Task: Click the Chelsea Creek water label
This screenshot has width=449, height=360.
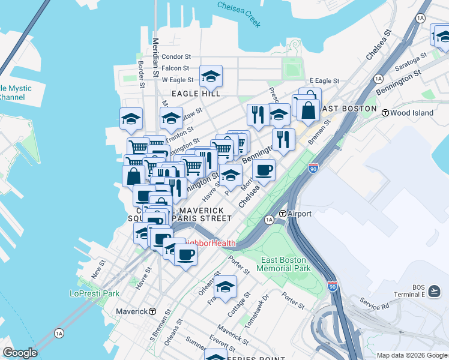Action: pyautogui.click(x=240, y=13)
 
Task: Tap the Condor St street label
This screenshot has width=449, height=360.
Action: pyautogui.click(x=176, y=56)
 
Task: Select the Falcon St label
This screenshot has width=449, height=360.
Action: pyautogui.click(x=176, y=68)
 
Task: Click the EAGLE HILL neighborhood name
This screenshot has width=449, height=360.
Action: pyautogui.click(x=196, y=94)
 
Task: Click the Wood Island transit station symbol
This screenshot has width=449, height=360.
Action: pyautogui.click(x=394, y=113)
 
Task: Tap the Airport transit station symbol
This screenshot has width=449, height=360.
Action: pyautogui.click(x=283, y=214)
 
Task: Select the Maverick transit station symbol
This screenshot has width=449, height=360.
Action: pyautogui.click(x=152, y=311)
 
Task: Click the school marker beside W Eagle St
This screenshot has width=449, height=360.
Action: pyautogui.click(x=211, y=76)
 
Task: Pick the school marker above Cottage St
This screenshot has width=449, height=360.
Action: pyautogui.click(x=226, y=287)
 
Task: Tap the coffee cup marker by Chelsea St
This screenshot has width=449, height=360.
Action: pyautogui.click(x=264, y=170)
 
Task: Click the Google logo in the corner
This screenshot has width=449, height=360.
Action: pyautogui.click(x=20, y=353)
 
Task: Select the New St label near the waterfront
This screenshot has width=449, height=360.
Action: pyautogui.click(x=98, y=268)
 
